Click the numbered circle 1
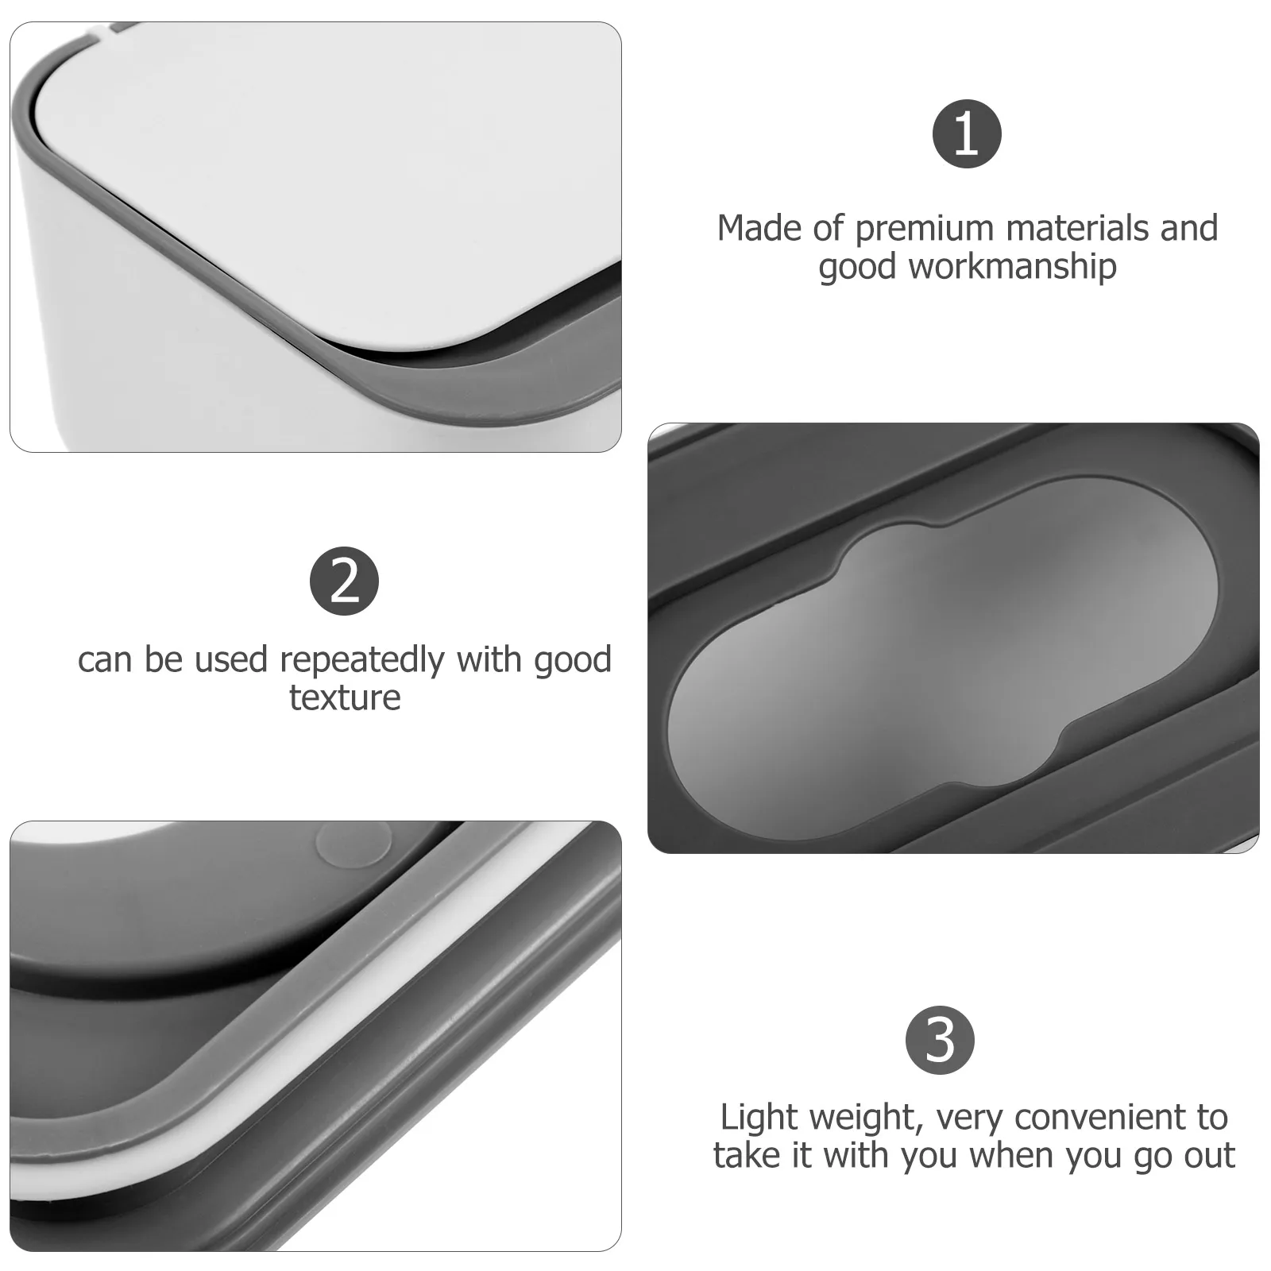click(x=966, y=133)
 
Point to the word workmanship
click(x=1013, y=267)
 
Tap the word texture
click(x=345, y=698)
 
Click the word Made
click(x=759, y=229)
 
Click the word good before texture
click(x=572, y=662)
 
